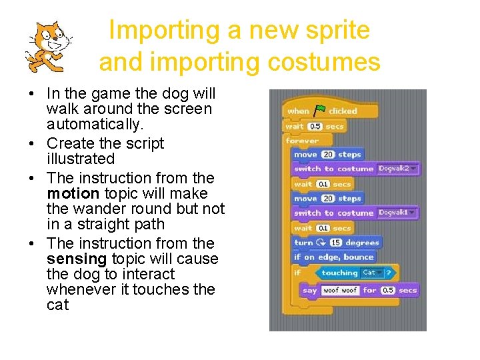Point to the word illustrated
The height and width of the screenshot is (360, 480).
point(81,159)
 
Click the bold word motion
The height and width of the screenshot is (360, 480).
point(71,193)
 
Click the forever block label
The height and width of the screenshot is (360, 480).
point(302,141)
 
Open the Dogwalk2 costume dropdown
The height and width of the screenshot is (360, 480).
point(397,169)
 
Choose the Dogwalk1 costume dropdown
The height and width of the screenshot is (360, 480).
point(397,213)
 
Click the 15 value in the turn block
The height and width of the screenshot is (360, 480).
point(335,243)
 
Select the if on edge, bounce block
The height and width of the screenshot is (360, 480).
point(334,257)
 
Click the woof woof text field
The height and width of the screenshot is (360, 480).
point(340,291)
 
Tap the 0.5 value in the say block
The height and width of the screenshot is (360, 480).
point(387,291)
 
